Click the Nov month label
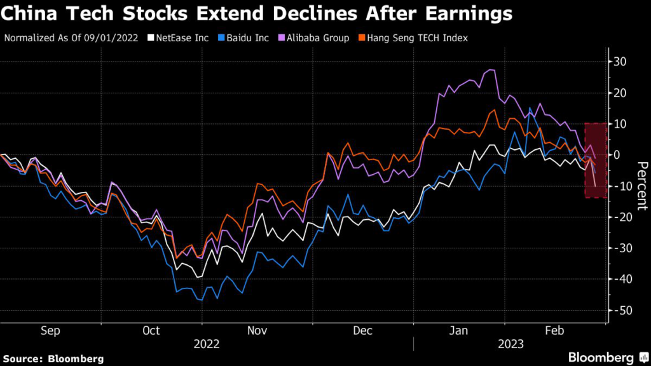[x=257, y=330]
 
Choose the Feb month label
[x=556, y=330]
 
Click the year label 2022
[x=207, y=344]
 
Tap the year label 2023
[x=511, y=344]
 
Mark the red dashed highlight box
[x=595, y=160]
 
